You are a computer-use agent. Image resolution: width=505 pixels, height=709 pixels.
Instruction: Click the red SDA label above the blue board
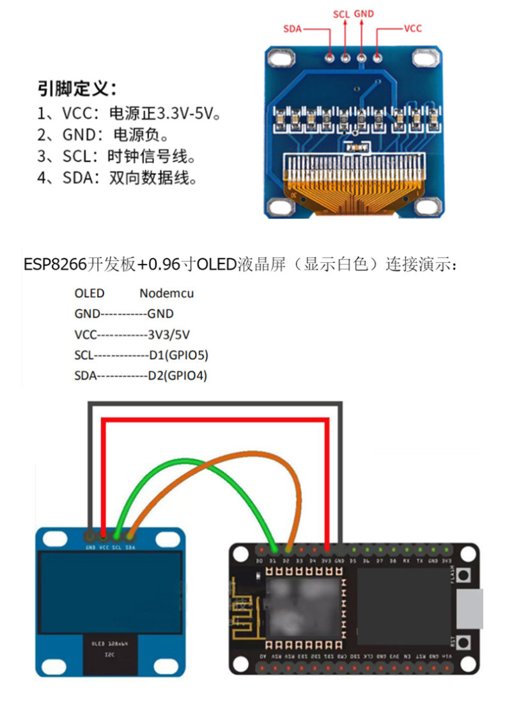[293, 29]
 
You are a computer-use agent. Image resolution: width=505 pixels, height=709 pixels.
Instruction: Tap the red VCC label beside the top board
[412, 29]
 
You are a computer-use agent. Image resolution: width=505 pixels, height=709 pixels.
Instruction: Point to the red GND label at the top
[364, 13]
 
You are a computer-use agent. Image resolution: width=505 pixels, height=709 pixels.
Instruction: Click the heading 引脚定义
[77, 88]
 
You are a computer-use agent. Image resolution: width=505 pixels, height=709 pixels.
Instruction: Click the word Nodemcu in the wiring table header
[166, 293]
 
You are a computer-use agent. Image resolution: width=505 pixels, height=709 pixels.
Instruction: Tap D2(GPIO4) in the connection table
[178, 375]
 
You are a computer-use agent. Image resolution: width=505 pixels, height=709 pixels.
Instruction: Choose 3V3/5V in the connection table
[168, 334]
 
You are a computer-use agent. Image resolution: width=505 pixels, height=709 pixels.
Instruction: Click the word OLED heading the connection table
[89, 293]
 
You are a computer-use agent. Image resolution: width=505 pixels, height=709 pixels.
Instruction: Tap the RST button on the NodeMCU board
[466, 641]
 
